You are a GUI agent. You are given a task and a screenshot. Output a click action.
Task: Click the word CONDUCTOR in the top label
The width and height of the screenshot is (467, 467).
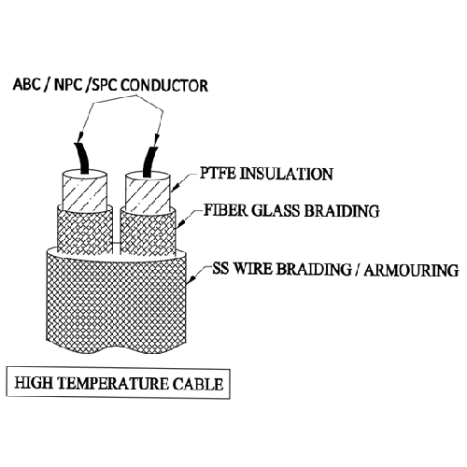coord(164,85)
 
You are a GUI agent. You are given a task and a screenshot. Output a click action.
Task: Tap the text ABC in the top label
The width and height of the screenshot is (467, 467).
coord(26,84)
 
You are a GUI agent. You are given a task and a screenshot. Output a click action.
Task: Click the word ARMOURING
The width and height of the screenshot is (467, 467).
coord(411,270)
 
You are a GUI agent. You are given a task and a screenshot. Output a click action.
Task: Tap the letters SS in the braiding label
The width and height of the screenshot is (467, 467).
coord(220,268)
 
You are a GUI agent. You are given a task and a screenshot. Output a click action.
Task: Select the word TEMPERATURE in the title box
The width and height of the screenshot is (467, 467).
coord(113,383)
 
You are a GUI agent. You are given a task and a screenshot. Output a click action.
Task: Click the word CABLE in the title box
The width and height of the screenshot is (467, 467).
coord(198,384)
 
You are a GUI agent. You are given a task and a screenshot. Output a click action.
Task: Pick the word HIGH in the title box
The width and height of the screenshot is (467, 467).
coord(34,383)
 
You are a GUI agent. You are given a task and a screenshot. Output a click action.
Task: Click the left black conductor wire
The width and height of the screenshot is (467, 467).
coord(82,159)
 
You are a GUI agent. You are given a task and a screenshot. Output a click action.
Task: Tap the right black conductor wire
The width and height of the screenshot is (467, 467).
coord(150,163)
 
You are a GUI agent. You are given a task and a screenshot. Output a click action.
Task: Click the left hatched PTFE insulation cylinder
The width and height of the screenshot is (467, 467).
coord(85,193)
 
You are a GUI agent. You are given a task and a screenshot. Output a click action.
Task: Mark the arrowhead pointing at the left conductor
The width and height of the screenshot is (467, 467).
coord(79,136)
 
